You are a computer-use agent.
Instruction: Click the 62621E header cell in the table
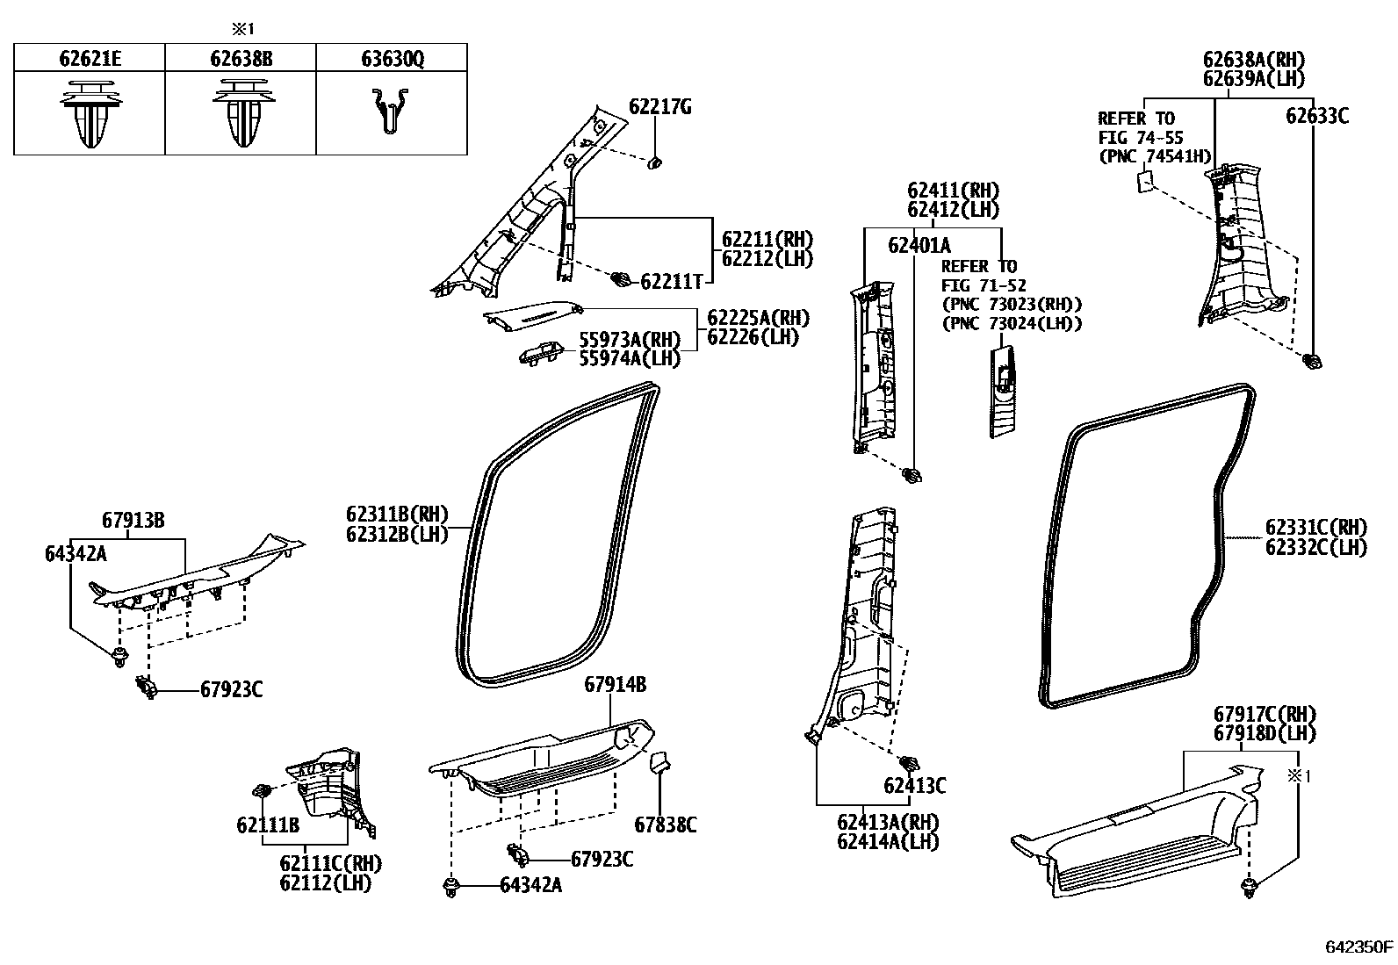tap(90, 59)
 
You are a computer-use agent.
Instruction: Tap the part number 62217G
tap(659, 107)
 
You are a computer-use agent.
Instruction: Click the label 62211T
tap(671, 281)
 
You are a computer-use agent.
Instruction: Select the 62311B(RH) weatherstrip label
tap(397, 515)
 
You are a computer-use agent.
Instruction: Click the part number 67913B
tap(133, 520)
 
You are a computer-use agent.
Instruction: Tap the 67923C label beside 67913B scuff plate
tap(231, 690)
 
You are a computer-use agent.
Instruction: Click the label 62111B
tap(268, 825)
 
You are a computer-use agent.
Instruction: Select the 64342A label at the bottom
tap(530, 886)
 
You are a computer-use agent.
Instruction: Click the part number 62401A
tap(919, 246)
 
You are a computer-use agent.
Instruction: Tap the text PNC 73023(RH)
tap(1012, 305)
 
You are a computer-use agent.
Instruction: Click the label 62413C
tap(914, 786)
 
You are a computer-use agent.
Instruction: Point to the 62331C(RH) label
tap(1315, 528)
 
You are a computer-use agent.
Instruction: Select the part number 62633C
tap(1316, 116)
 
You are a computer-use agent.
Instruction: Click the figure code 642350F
tap(1358, 947)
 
